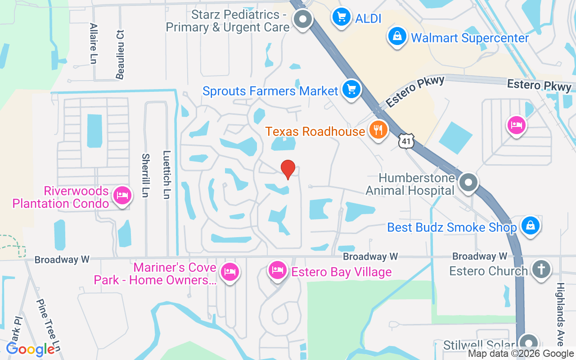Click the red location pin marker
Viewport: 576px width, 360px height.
(288, 169)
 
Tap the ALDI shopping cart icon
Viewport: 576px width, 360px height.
(341, 18)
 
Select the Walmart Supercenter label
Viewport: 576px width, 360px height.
(470, 38)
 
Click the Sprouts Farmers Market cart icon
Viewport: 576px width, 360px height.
(351, 89)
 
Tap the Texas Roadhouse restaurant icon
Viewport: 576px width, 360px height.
(378, 130)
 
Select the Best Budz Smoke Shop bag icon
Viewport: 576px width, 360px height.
(531, 225)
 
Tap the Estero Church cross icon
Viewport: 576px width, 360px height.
(541, 270)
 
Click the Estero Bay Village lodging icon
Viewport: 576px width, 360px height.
(278, 270)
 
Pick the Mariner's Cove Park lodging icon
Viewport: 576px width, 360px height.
(230, 271)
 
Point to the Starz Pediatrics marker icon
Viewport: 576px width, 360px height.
(303, 19)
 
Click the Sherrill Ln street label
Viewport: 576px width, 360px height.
(145, 175)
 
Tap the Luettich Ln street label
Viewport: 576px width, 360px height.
(167, 175)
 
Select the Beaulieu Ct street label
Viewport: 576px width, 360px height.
(120, 54)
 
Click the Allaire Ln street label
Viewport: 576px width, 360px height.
(94, 43)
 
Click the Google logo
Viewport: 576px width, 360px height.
(31, 349)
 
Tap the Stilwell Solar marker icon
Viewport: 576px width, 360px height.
(529, 342)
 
